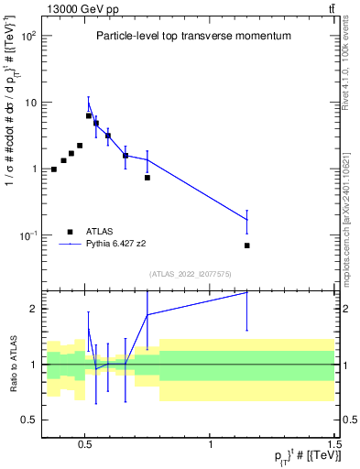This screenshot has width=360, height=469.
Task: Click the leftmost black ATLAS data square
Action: click(54, 169)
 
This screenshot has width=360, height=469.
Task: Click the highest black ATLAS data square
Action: click(89, 115)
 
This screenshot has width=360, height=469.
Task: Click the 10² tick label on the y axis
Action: click(28, 36)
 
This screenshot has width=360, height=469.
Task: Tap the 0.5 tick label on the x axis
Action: click(85, 441)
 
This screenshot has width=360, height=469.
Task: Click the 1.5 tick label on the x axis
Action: click(334, 441)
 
